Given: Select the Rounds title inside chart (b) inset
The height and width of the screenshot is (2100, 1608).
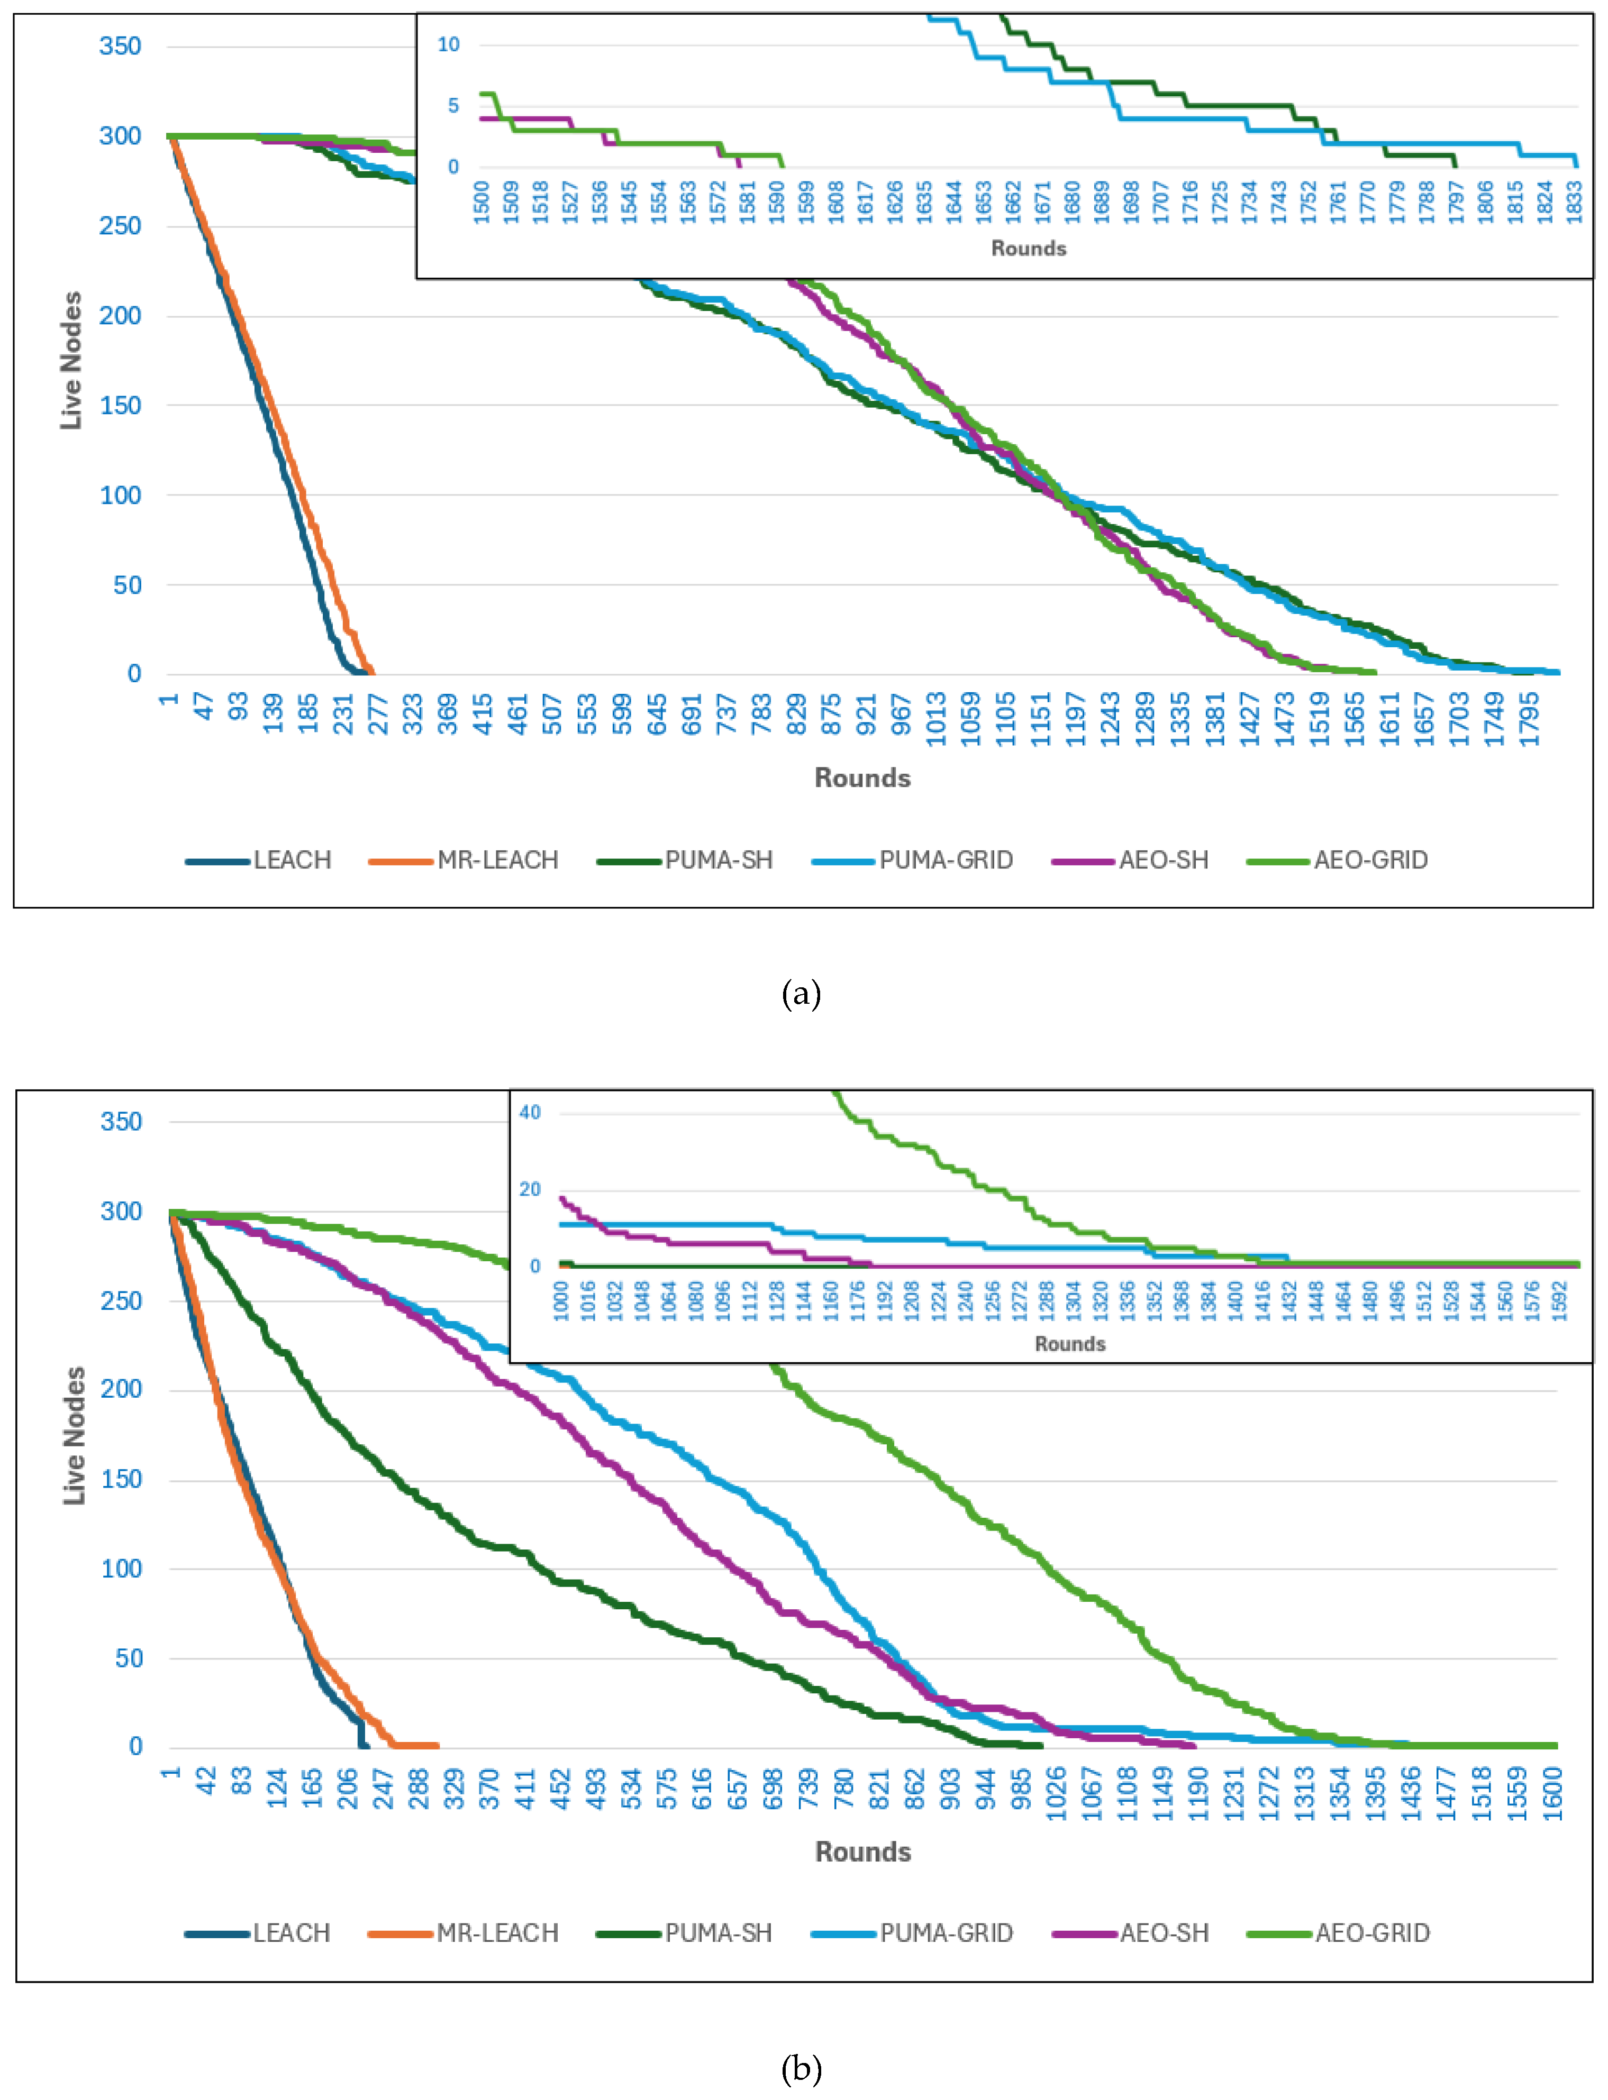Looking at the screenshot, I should [x=1069, y=1344].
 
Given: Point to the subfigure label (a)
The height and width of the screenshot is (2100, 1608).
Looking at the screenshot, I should [x=801, y=994].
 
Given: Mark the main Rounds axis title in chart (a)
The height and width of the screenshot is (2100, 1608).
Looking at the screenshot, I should [x=861, y=778].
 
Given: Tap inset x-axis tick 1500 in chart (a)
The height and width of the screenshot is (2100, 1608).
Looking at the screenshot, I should [x=482, y=202].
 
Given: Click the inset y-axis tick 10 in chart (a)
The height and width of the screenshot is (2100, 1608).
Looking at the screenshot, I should [x=448, y=44].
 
